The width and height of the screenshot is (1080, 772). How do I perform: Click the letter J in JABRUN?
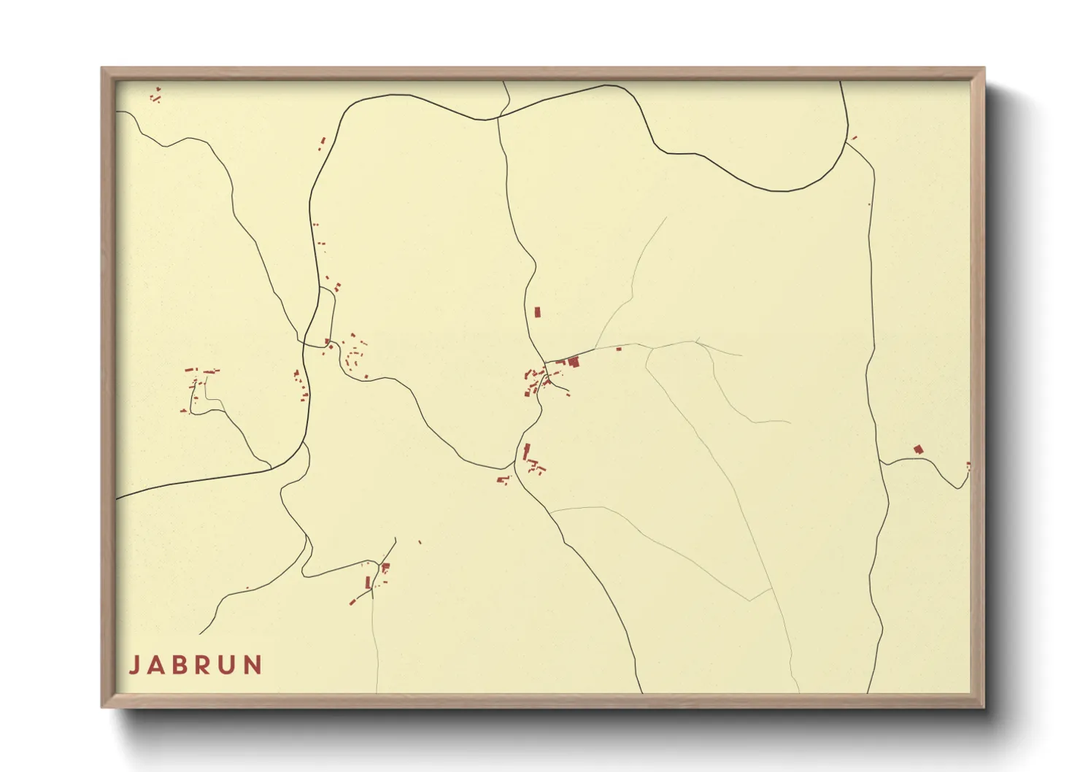click(134, 665)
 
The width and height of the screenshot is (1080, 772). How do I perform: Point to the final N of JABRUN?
click(253, 665)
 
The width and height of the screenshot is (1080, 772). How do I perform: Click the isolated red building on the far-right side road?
click(918, 449)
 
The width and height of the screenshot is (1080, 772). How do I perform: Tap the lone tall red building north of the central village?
click(538, 312)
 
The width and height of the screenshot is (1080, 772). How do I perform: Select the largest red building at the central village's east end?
click(574, 361)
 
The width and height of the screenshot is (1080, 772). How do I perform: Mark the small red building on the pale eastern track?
click(619, 349)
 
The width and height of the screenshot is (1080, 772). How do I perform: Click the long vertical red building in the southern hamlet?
click(368, 582)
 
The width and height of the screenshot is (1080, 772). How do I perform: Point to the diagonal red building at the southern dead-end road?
click(352, 602)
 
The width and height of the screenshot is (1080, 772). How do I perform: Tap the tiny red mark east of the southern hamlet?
click(420, 541)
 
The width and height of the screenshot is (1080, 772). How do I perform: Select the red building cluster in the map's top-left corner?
click(155, 96)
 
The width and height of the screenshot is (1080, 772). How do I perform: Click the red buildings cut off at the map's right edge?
click(968, 466)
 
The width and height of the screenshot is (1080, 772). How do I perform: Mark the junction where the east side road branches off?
click(881, 463)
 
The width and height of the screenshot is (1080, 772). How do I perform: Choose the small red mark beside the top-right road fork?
click(855, 136)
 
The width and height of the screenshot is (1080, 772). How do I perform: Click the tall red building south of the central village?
click(526, 451)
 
